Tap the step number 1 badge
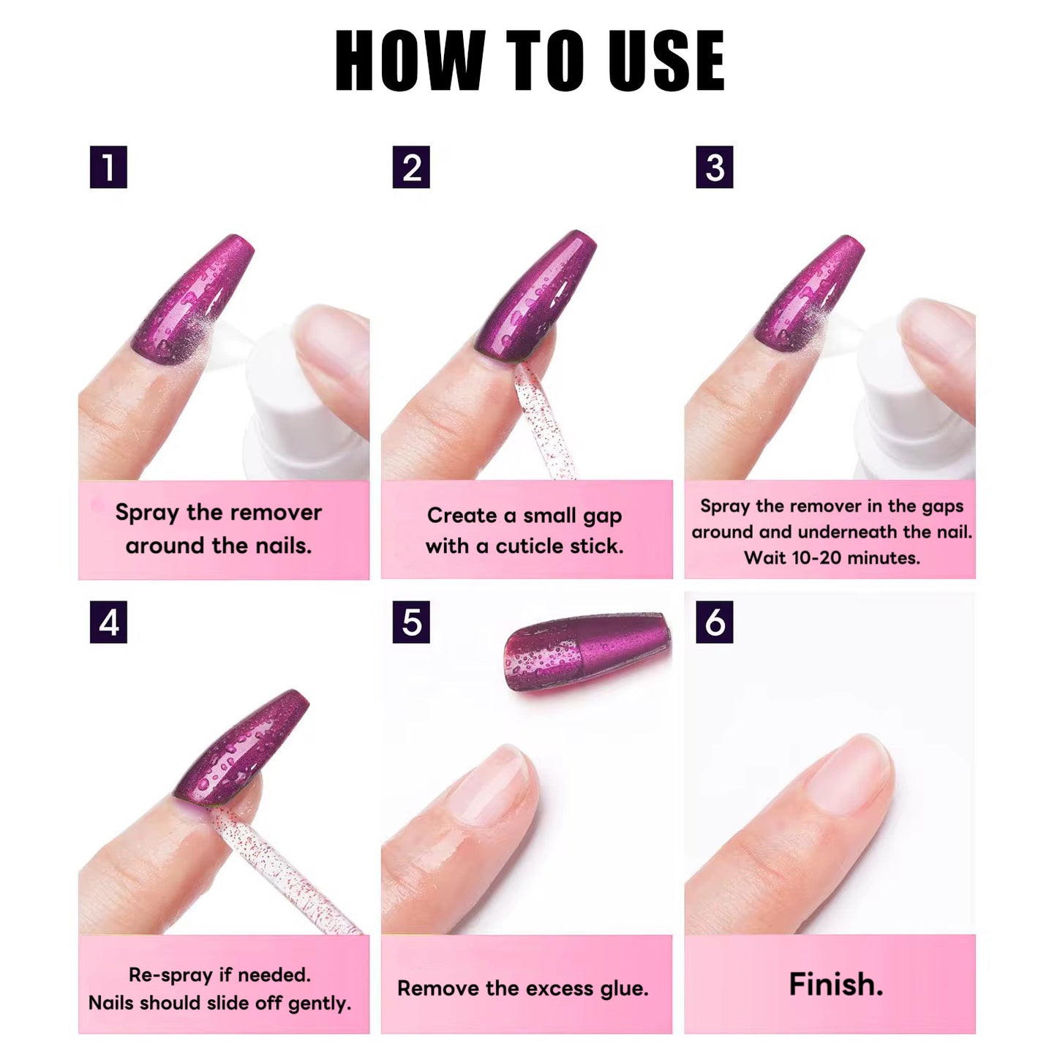(108, 168)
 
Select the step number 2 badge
(411, 168)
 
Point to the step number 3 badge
(715, 168)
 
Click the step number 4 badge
(108, 622)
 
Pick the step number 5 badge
(411, 622)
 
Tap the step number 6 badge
(715, 622)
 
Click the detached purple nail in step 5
(587, 650)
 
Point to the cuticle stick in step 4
(285, 870)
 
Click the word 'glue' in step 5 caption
(623, 989)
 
